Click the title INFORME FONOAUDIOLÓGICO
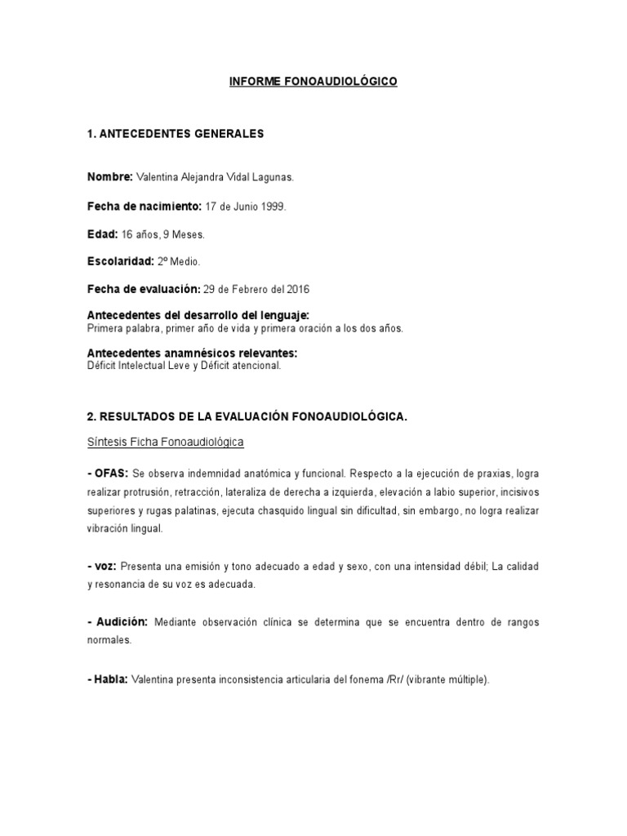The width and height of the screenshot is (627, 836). point(313,82)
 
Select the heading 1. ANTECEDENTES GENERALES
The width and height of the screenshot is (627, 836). point(176,134)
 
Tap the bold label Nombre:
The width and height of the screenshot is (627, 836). point(109,177)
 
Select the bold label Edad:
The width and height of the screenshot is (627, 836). point(102,234)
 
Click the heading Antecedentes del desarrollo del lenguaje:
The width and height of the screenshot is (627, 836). point(198,315)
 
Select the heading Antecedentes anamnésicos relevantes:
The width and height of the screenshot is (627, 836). point(192,353)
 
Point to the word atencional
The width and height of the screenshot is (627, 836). point(257,367)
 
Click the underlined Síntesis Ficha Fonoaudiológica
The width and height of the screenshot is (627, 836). point(166,442)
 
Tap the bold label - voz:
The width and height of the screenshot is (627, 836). point(102,566)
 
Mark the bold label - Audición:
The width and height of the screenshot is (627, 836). point(117,622)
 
